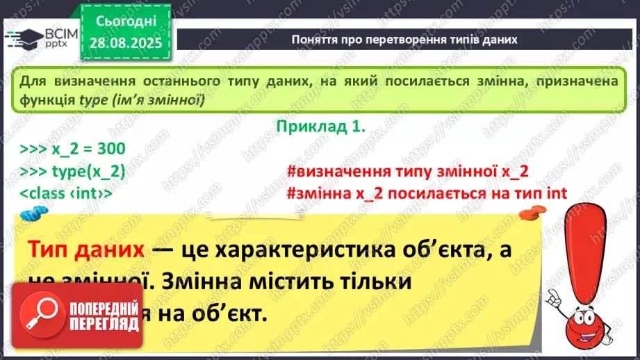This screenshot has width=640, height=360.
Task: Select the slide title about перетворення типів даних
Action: pos(405,40)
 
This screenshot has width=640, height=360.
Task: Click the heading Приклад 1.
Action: pos(320,127)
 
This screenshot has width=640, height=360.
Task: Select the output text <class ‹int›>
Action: pos(66,194)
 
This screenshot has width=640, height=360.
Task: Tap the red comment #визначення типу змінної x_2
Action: pos(407,172)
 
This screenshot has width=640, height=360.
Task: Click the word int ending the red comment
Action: pos(556,194)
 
